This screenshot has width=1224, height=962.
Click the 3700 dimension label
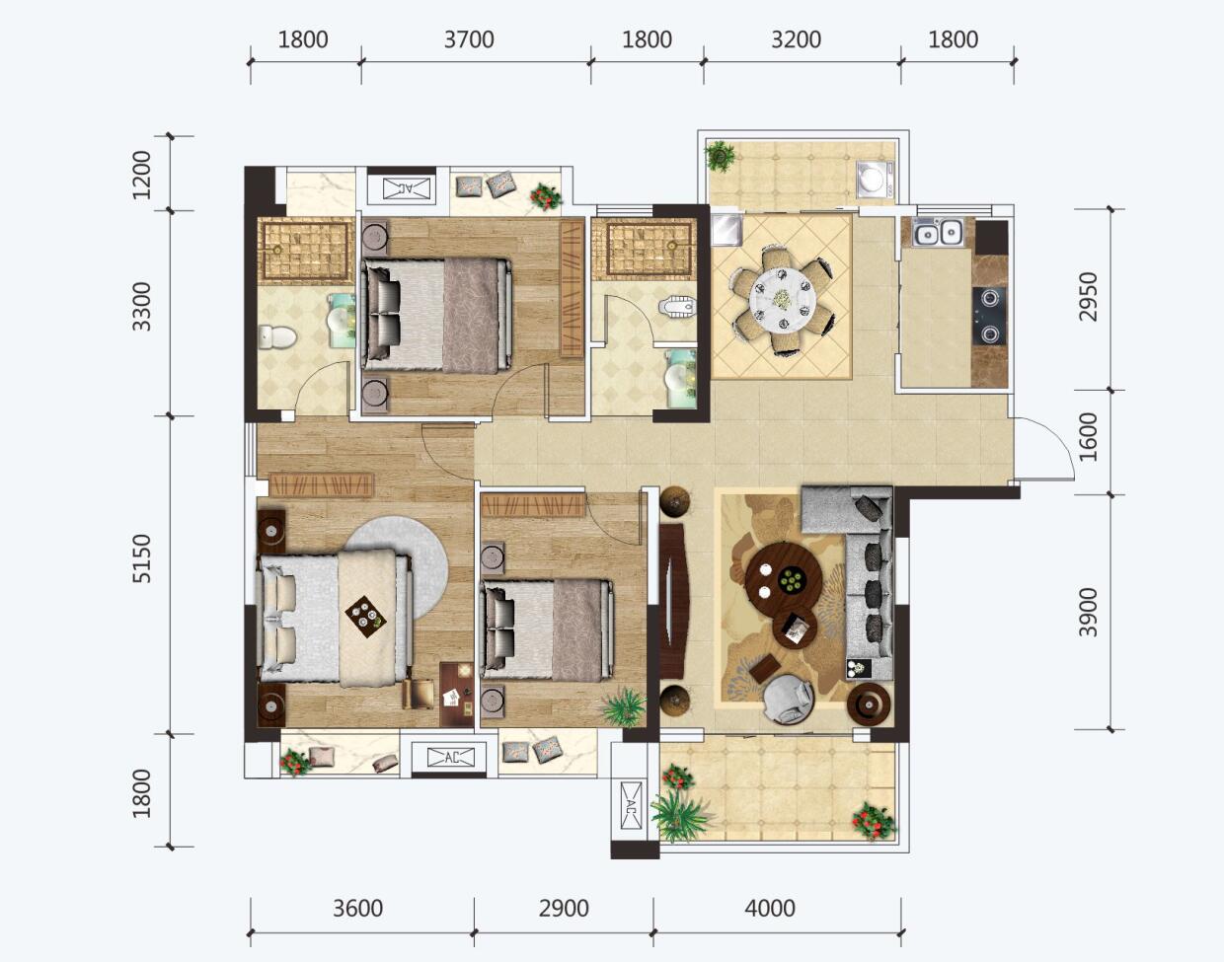click(469, 39)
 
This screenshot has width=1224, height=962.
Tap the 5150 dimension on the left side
click(141, 558)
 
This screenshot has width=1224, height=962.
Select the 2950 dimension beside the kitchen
click(1088, 297)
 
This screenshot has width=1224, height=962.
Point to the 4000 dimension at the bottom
click(770, 909)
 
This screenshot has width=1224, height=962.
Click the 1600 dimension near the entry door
click(1088, 438)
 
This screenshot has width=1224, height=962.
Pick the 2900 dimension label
click(564, 909)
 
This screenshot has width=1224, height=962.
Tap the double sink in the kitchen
click(938, 233)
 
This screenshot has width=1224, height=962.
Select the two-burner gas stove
click(989, 316)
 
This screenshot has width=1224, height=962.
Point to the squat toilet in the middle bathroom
click(677, 307)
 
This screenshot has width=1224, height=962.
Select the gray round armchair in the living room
click(789, 699)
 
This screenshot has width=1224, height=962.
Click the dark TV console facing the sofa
click(673, 601)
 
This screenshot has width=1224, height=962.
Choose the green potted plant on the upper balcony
click(720, 155)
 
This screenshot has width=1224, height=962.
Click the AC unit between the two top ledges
click(406, 188)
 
